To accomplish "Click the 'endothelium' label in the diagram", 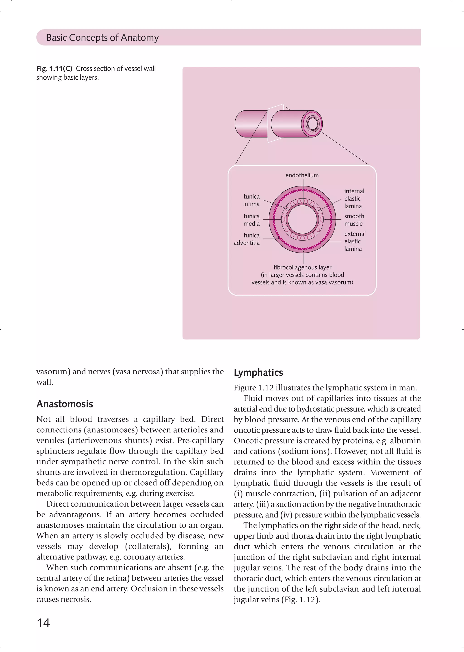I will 302,175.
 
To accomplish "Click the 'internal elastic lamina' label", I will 354,199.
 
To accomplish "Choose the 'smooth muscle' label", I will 354,220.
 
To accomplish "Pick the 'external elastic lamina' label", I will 354,241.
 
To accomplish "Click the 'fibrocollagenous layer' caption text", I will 302,267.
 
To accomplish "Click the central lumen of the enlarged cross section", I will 302,219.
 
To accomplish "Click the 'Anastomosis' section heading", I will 65,404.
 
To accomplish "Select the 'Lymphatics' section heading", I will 258,373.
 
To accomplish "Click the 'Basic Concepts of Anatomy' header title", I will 102,37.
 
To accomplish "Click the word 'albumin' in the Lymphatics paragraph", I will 405,441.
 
